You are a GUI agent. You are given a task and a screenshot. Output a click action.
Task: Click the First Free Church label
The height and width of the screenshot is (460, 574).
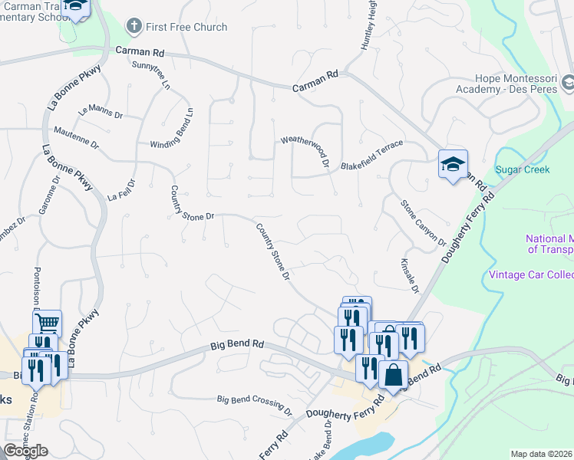186,27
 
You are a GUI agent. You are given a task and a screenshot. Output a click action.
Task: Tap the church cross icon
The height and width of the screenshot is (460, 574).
134,27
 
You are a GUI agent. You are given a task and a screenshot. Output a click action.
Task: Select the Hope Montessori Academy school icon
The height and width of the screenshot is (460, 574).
568,81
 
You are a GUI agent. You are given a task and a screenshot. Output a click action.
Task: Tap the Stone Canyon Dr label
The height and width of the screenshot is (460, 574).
424,223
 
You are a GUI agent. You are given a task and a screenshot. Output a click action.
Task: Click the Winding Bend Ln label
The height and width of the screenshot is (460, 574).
172,132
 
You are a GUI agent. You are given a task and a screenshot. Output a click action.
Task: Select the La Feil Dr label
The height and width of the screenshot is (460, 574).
121,190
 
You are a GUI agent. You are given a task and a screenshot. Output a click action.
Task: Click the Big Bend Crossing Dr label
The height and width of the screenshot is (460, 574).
255,404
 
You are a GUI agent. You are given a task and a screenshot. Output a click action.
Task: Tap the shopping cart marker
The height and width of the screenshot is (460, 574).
48,324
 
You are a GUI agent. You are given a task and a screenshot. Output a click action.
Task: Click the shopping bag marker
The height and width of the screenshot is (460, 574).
393,375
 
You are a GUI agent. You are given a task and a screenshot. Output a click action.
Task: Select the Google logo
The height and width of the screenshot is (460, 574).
25,451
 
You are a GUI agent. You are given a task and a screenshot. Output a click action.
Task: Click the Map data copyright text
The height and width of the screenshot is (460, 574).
542,454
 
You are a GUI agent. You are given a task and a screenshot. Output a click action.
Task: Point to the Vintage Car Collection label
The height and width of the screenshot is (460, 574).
531,274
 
